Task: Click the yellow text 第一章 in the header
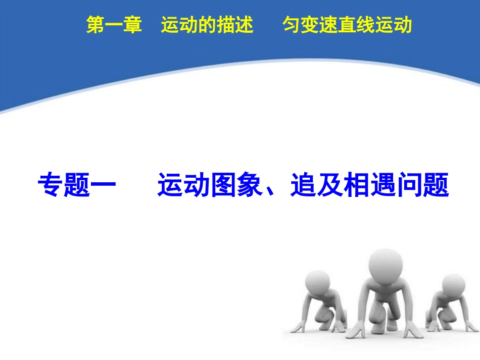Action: tap(114, 25)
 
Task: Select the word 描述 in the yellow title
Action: tap(235, 25)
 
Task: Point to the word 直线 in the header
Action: tap(357, 25)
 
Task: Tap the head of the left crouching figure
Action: tap(318, 283)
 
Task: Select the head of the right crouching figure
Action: tap(453, 286)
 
